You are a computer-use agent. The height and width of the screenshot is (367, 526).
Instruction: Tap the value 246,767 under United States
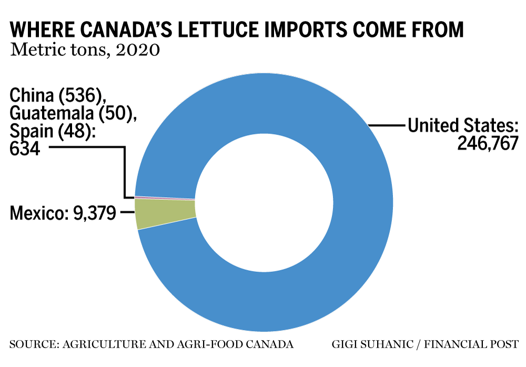click(488, 144)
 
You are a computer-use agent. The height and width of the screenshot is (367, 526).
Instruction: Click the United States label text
click(463, 126)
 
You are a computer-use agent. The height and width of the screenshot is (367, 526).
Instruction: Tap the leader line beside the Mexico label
click(127, 212)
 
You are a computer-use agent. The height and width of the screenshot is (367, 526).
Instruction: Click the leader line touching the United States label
click(387, 126)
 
